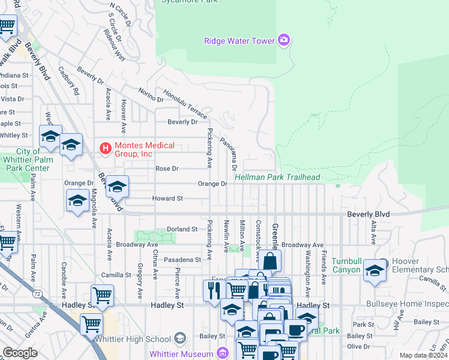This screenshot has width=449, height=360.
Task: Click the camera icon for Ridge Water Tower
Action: (x=284, y=41)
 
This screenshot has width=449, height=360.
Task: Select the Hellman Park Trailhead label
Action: (x=277, y=178)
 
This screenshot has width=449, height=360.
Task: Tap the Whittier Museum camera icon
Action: (x=223, y=352)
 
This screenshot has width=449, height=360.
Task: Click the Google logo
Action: (x=20, y=353)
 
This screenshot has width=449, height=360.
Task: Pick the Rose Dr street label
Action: (x=167, y=169)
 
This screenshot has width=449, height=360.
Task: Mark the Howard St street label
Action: (x=167, y=198)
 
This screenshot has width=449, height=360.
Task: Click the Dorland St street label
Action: (x=182, y=229)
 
